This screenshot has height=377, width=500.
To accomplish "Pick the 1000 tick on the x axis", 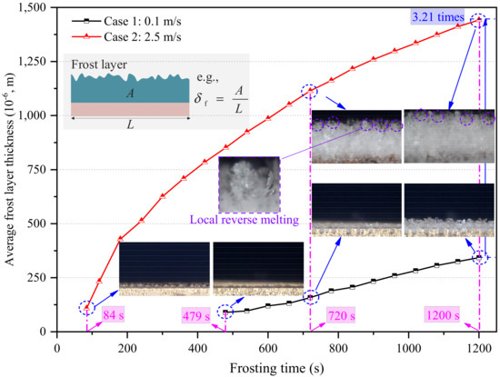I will (406, 345).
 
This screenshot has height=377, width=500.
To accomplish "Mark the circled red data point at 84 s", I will (86, 308).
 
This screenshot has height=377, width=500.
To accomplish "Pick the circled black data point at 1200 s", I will (477, 257).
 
